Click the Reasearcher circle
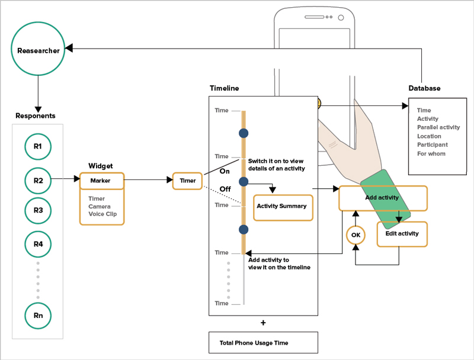[38, 50]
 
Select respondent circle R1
[38, 146]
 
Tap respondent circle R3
[38, 210]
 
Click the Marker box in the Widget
[102, 180]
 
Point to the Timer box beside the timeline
[187, 181]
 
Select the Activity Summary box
[282, 206]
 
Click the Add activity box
[382, 198]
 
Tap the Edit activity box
[402, 234]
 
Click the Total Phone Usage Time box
[263, 343]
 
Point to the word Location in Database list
[429, 136]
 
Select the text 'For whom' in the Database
[431, 154]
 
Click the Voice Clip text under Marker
[101, 214]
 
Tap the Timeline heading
[225, 88]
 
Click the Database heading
[424, 88]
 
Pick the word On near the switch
[225, 171]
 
